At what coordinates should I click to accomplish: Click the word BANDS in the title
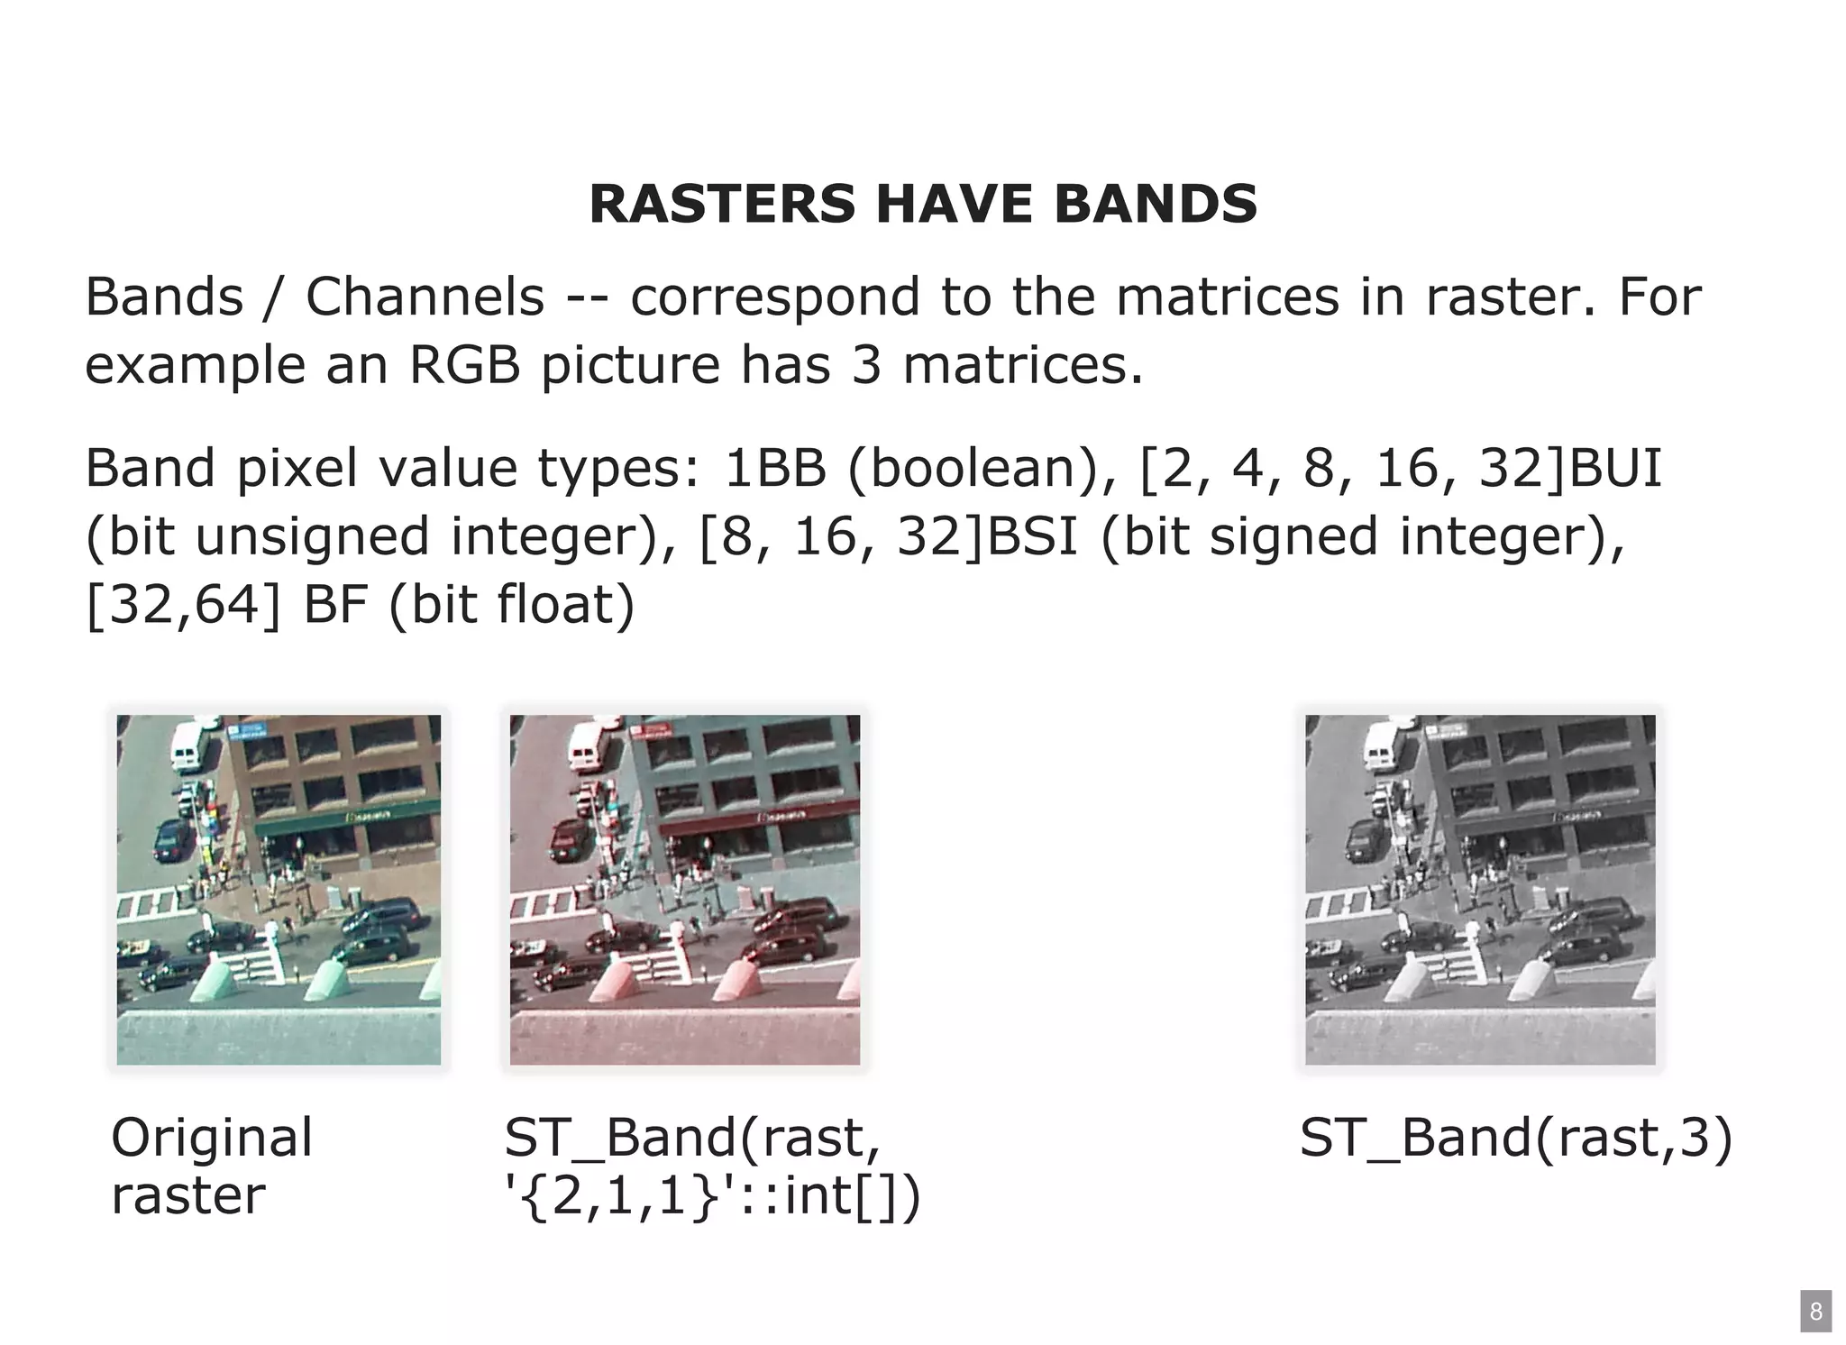(x=1155, y=204)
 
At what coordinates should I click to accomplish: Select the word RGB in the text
(x=465, y=365)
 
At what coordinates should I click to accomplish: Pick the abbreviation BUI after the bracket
(x=1615, y=468)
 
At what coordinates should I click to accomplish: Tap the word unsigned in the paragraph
(x=313, y=537)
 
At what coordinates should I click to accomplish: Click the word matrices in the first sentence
(x=1227, y=297)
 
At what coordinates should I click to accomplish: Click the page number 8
(x=1815, y=1311)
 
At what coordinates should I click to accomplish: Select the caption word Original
(x=212, y=1137)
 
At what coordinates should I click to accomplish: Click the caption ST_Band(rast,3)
(x=1515, y=1137)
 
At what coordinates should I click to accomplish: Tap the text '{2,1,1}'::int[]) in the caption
(x=712, y=1196)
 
